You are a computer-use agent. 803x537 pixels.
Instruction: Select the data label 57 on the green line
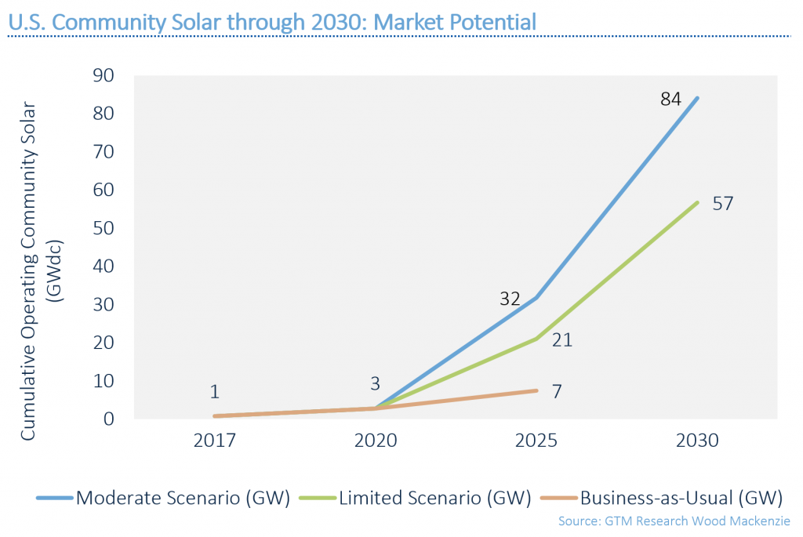pyautogui.click(x=723, y=204)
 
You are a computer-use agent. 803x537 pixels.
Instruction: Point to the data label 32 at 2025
pyautogui.click(x=511, y=299)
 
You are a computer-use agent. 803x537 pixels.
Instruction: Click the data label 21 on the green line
pyautogui.click(x=562, y=340)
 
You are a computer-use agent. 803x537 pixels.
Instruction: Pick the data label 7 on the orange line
pyautogui.click(x=557, y=391)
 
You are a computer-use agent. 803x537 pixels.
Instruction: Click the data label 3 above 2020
pyautogui.click(x=375, y=384)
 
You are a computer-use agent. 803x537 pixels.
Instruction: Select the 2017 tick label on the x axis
pyautogui.click(x=214, y=441)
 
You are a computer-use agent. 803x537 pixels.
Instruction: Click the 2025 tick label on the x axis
pyautogui.click(x=536, y=441)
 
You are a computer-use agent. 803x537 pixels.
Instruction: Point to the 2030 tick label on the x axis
pyautogui.click(x=696, y=441)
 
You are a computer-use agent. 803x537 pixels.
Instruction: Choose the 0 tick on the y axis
pyautogui.click(x=110, y=419)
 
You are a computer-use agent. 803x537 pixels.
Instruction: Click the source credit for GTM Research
pyautogui.click(x=674, y=521)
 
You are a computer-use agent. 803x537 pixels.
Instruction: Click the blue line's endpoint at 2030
pyautogui.click(x=696, y=98)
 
